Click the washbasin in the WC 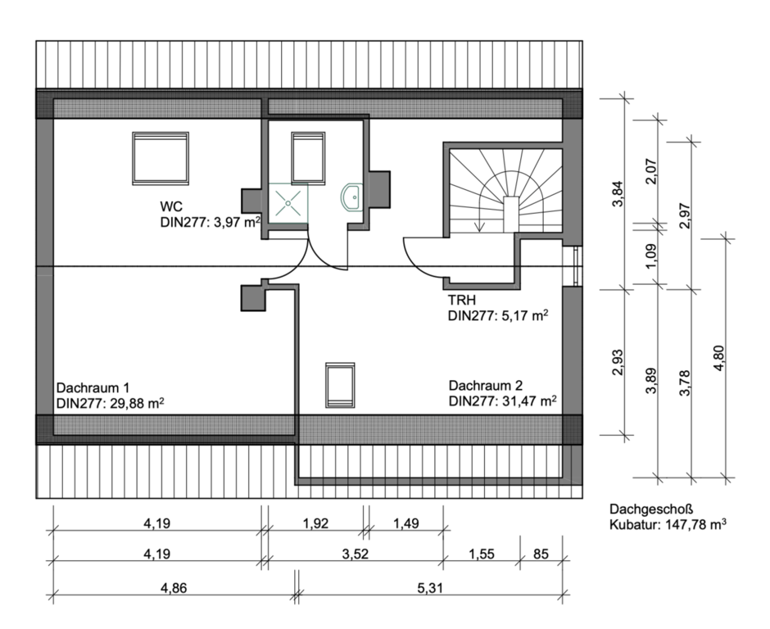pyautogui.click(x=351, y=197)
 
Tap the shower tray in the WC pyautogui.click(x=288, y=203)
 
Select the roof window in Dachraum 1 pyautogui.click(x=161, y=159)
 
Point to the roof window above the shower pyautogui.click(x=308, y=158)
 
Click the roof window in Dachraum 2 pyautogui.click(x=340, y=386)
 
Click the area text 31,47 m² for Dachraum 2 pyautogui.click(x=529, y=401)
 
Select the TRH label pyautogui.click(x=462, y=300)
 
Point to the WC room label pyautogui.click(x=171, y=206)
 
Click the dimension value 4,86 pyautogui.click(x=174, y=588)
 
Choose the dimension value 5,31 pyautogui.click(x=430, y=588)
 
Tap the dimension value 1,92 pyautogui.click(x=315, y=523)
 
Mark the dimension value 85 pyautogui.click(x=541, y=554)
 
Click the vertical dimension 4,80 pyautogui.click(x=718, y=358)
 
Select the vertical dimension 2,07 pyautogui.click(x=650, y=171)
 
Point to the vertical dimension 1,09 pyautogui.click(x=650, y=256)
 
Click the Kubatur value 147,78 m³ pyautogui.click(x=695, y=524)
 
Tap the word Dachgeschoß pyautogui.click(x=651, y=509)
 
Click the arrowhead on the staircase pyautogui.click(x=480, y=227)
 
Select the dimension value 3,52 pyautogui.click(x=355, y=554)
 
